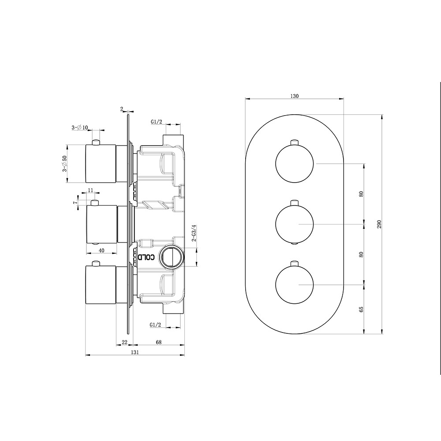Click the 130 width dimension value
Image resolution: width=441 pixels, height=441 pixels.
(x=295, y=96)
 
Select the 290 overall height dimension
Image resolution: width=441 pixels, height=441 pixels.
(x=378, y=224)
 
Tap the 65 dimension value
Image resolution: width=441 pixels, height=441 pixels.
(x=361, y=309)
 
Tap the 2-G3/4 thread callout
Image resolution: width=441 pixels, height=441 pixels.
(x=193, y=232)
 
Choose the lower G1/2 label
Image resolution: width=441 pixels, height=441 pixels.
(x=155, y=325)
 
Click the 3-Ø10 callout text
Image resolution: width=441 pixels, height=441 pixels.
(x=80, y=127)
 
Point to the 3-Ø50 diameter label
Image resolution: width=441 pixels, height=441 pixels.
(x=64, y=164)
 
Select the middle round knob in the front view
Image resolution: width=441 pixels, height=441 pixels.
(x=295, y=224)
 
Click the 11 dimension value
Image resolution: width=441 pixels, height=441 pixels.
(x=90, y=190)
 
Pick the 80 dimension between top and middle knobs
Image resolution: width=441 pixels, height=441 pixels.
(x=361, y=194)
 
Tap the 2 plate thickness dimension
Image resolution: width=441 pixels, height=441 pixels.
(x=121, y=108)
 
